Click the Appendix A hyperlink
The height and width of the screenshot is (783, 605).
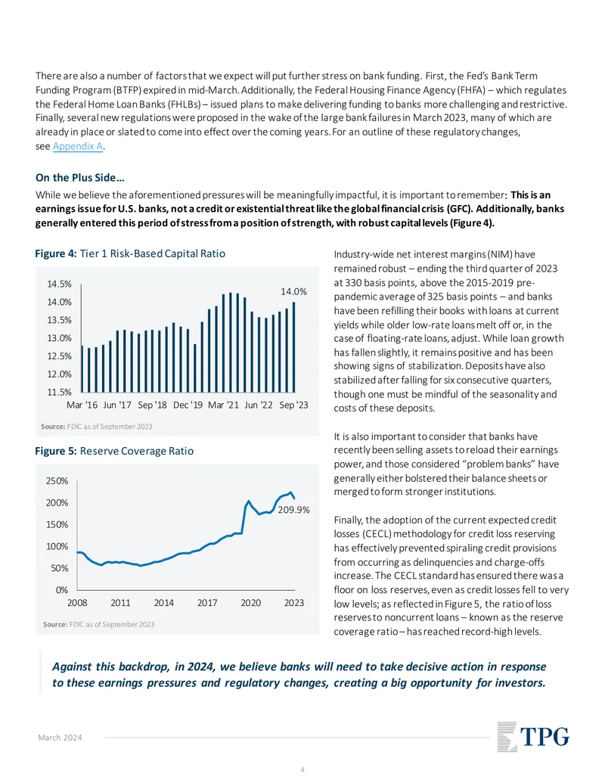(78, 146)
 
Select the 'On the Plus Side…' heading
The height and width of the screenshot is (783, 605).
(80, 178)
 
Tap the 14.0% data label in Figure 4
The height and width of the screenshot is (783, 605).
(293, 291)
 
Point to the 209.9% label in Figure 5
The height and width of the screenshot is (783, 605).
(293, 510)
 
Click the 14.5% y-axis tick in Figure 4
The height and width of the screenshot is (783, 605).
(60, 284)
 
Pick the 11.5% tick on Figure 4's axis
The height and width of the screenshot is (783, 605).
(60, 393)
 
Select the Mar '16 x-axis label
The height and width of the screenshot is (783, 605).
(82, 405)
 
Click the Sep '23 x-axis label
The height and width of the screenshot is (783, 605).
(293, 405)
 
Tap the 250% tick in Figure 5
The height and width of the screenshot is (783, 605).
(57, 481)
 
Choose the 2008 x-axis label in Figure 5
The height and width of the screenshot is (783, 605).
(77, 603)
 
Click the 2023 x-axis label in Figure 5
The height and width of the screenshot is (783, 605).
(294, 603)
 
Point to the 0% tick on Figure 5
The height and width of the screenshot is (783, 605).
(62, 590)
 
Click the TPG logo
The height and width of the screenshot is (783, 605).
(533, 737)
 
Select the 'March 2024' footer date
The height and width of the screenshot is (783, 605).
(60, 738)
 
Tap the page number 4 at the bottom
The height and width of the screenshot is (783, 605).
(302, 769)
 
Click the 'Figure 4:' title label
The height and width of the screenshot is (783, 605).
(56, 253)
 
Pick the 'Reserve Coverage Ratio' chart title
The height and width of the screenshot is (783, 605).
(137, 451)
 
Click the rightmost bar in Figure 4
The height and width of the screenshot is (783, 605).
(294, 347)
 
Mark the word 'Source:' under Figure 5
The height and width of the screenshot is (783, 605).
(55, 624)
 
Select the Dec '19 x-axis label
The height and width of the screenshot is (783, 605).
(188, 405)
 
